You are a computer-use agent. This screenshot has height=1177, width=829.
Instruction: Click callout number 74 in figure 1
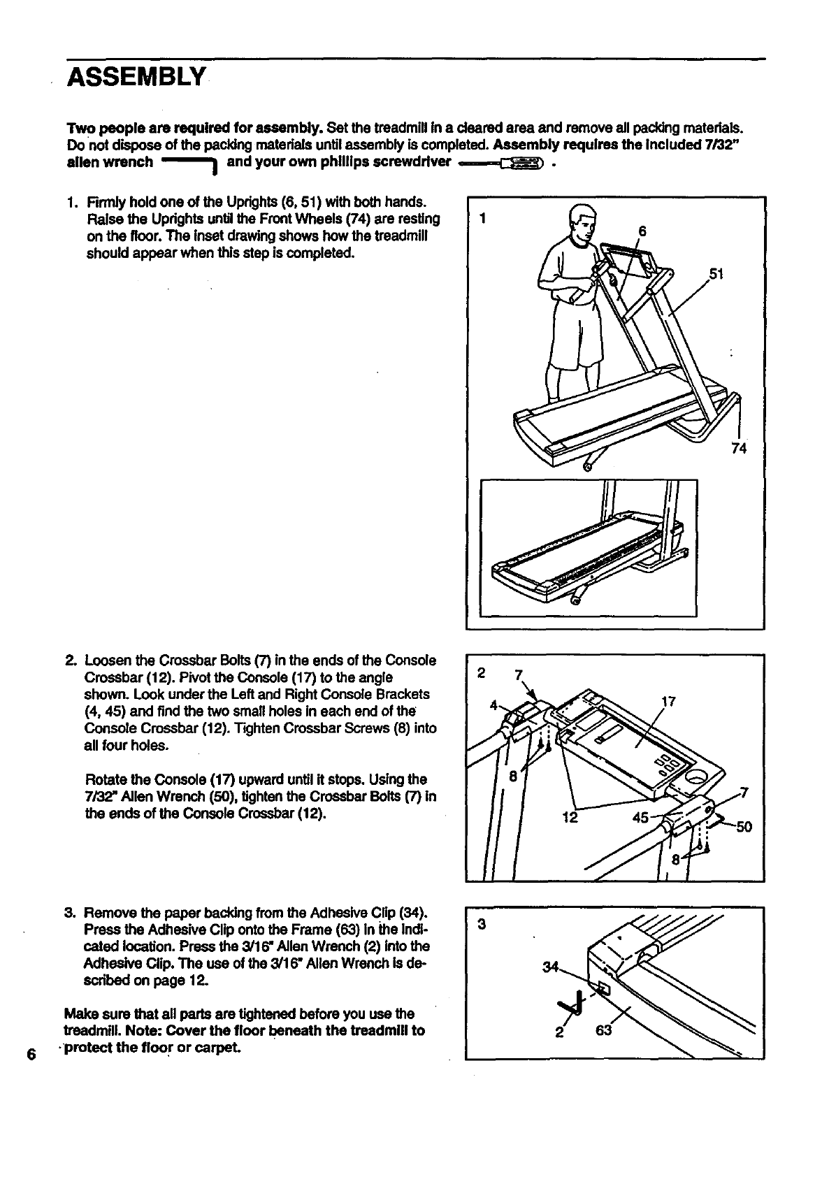(739, 449)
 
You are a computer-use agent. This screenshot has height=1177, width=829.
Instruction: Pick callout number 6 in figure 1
(642, 231)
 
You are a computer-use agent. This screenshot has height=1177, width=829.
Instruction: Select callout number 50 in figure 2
(743, 828)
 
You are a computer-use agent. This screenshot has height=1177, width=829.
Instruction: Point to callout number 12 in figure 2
(570, 817)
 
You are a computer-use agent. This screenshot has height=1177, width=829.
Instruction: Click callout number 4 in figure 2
(493, 705)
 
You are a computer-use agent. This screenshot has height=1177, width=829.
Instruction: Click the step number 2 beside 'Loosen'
(70, 660)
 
